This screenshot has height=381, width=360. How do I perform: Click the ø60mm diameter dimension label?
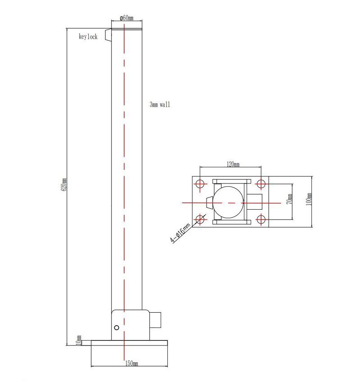click(126, 18)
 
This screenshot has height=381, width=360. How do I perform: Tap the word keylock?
click(88, 37)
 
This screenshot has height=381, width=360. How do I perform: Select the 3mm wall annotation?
click(160, 104)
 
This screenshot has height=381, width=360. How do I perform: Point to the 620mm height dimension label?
click(64, 184)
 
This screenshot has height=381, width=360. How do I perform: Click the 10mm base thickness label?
click(79, 340)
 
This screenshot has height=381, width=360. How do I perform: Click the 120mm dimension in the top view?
click(233, 165)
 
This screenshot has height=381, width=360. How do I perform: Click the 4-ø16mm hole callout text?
click(180, 234)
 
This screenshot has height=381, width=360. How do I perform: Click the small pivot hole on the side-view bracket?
click(117, 327)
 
